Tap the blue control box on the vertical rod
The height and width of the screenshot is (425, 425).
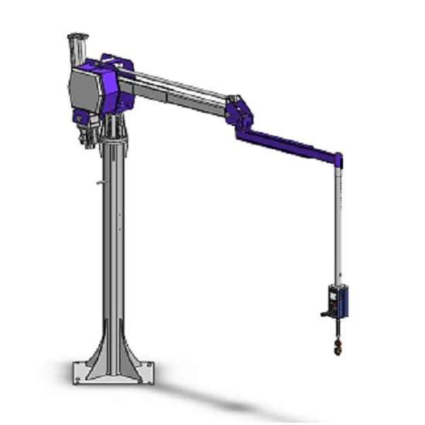(x=338, y=301)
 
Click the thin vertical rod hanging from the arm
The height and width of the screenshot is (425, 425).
(x=338, y=224)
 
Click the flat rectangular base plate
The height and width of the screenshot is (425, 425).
(x=116, y=379)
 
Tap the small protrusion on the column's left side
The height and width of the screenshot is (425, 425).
(x=99, y=183)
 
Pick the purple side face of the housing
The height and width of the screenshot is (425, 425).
(x=116, y=85)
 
